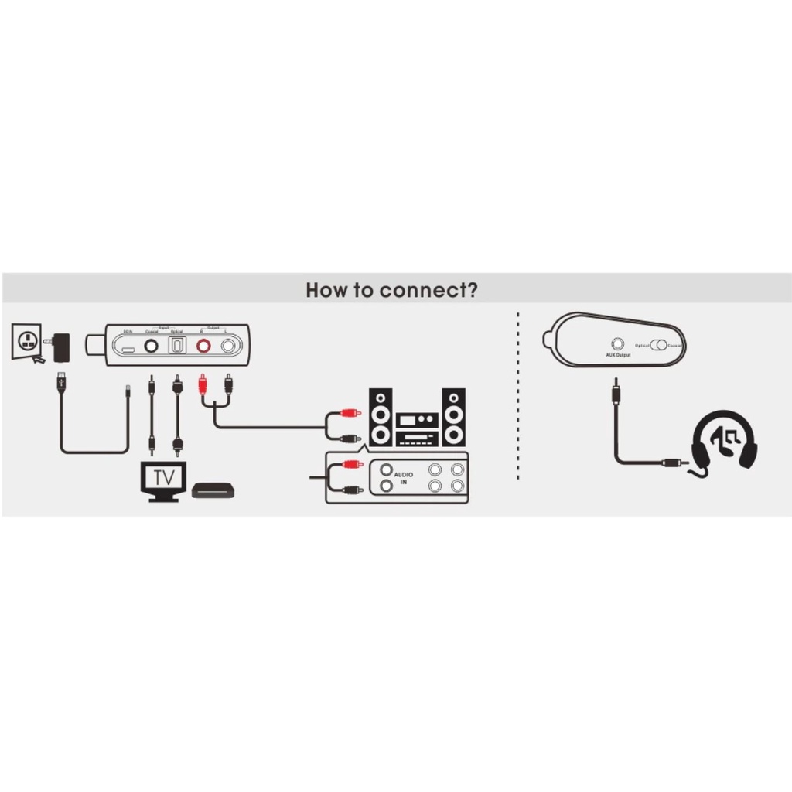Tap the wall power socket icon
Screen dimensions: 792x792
coord(26,342)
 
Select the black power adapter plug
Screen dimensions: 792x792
coord(60,346)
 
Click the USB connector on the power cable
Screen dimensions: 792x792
coord(61,382)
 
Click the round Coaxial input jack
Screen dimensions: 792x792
coord(152,346)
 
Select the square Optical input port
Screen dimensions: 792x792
coord(177,346)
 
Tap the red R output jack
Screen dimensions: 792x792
coord(203,346)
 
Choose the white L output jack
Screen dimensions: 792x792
coord(228,346)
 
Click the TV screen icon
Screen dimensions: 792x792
coord(164,478)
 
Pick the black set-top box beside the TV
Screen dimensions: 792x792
coord(213,490)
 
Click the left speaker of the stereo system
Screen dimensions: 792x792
coord(380,417)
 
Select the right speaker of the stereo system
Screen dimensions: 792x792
coord(453,417)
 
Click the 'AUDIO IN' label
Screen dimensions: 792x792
coord(404,478)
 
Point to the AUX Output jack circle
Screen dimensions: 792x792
coord(618,343)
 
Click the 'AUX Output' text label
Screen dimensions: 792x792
coord(618,355)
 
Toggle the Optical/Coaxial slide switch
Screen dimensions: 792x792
coord(659,345)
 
